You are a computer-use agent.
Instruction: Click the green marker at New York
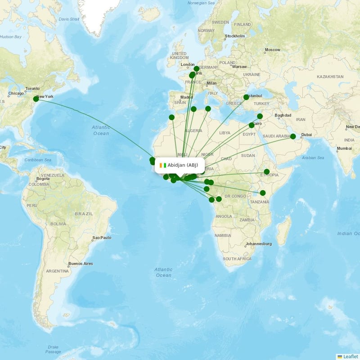36,99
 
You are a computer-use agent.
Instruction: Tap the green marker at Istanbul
246,97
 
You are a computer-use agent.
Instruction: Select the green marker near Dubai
293,136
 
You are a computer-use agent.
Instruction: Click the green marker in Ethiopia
267,171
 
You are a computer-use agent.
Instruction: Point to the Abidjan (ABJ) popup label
183,165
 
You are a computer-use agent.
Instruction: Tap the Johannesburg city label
258,244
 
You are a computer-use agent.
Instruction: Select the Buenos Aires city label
80,263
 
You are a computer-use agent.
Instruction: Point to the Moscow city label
272,49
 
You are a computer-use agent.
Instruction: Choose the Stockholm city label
235,36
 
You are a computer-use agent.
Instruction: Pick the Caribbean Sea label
38,160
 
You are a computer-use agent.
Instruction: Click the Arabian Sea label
313,158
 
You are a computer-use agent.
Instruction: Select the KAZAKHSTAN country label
330,77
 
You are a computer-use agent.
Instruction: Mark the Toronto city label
32,89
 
